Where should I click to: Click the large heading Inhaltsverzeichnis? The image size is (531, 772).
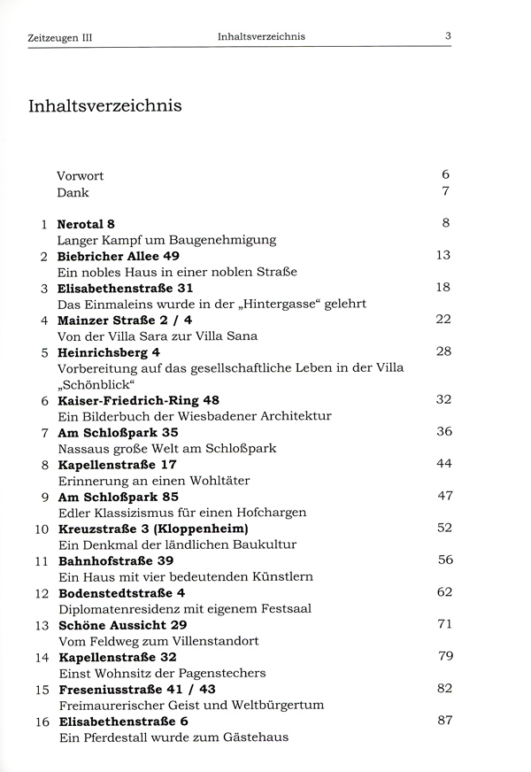pos(105,107)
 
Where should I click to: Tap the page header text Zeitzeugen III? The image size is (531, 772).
pos(61,38)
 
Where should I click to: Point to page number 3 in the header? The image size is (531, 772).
pos(449,36)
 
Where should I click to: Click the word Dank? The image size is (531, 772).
pos(73,192)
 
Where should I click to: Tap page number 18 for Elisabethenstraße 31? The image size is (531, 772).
pos(443,287)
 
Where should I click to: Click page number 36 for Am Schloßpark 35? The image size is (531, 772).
pos(443,431)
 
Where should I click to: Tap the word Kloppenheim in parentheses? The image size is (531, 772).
pos(207,529)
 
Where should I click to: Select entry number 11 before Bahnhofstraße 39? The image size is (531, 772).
pos(40,561)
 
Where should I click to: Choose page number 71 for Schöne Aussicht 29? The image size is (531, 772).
pos(443,623)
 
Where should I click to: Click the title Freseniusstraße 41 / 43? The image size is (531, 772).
pos(137,689)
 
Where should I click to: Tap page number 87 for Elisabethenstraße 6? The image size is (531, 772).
pos(443,721)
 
